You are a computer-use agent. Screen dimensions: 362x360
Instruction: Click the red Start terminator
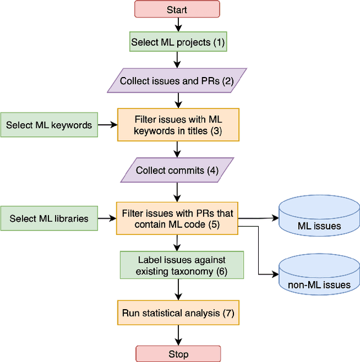(x=177, y=10)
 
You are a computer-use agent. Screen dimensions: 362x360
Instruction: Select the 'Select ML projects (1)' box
(x=178, y=42)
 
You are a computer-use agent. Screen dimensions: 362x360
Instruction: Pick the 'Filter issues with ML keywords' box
(x=178, y=125)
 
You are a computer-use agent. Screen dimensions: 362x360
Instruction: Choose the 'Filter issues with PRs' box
(x=178, y=219)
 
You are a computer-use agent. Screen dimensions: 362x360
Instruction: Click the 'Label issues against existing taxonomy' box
(x=182, y=265)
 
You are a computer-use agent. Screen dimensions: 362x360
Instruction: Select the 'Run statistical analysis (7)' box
(x=178, y=313)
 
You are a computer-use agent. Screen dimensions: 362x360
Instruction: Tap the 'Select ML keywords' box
(x=49, y=125)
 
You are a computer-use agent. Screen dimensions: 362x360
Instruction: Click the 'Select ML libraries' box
(x=49, y=219)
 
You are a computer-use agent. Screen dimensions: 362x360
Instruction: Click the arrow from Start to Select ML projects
(x=178, y=24)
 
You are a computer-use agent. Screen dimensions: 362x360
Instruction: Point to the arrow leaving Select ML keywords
(x=107, y=125)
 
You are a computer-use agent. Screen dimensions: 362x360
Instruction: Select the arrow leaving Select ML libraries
(x=107, y=219)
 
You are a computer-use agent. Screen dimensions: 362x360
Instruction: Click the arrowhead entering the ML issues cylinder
(x=275, y=219)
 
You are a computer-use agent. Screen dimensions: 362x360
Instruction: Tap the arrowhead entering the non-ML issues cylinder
(x=275, y=275)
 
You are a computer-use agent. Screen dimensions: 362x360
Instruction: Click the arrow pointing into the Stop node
(x=178, y=336)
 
